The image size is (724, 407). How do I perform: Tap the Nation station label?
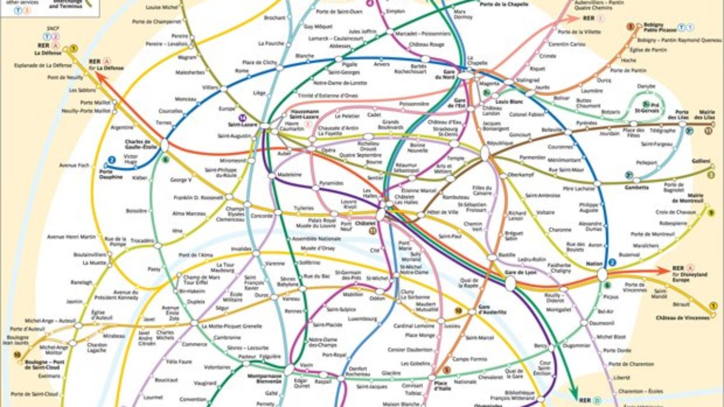pos(594,263)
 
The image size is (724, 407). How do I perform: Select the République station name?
pos(499,143)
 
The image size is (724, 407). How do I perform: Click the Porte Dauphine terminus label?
pos(110,174)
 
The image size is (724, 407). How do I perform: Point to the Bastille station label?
pos(507,255)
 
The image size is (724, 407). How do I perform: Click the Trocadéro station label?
pos(143,240)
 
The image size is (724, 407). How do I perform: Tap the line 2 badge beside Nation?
pos(612,262)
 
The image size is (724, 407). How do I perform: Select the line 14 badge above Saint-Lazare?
pos(243,118)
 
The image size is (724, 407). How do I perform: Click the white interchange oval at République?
pos(485,153)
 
